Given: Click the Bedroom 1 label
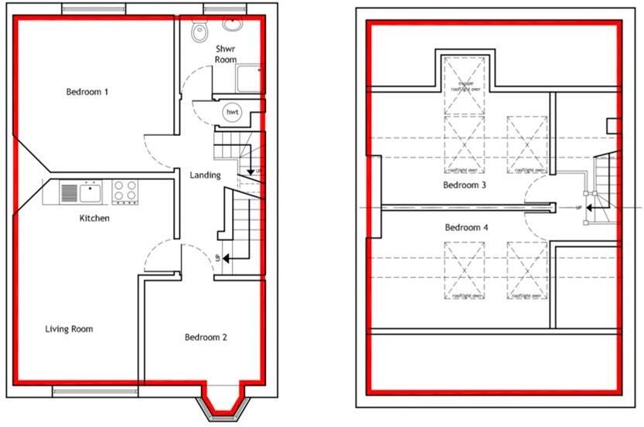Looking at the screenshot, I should point(87,92).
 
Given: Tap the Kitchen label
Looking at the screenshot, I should point(94,219).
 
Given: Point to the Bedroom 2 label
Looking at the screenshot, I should point(205,337).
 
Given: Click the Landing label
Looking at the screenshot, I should point(205,175).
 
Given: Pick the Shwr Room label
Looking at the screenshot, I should point(226,54).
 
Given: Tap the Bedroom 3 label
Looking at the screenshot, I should point(465,186).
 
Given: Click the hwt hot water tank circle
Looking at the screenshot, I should point(230,113).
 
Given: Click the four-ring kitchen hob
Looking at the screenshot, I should point(124,191).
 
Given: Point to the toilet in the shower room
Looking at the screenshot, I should point(200,30).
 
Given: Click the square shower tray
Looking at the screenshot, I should point(249,79).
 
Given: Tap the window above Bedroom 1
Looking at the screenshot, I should point(94,9).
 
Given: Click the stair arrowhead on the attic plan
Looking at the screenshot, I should point(589,208).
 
